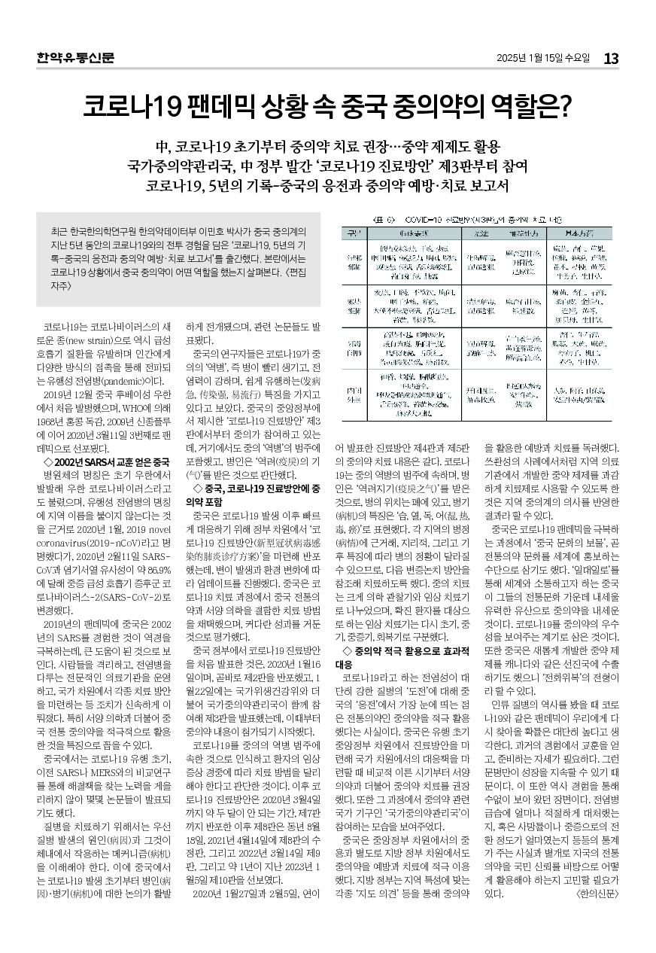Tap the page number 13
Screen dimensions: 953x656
click(611, 58)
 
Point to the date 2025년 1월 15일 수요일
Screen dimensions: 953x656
click(543, 58)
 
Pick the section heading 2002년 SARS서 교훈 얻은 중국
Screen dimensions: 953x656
click(108, 461)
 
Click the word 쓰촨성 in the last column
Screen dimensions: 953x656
click(505, 458)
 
